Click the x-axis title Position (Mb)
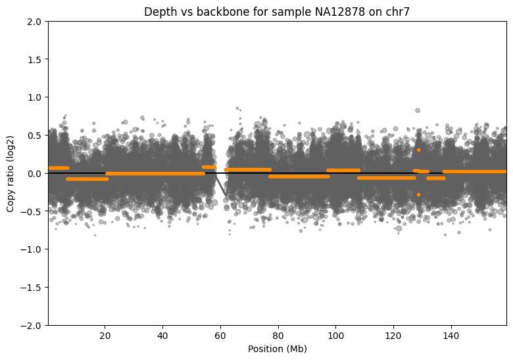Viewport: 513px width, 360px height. click(277, 349)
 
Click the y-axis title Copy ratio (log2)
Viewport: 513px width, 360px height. click(11, 174)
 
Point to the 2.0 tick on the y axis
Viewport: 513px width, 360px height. click(34, 22)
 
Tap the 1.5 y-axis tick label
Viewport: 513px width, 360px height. click(34, 60)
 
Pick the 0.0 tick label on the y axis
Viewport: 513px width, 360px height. click(34, 174)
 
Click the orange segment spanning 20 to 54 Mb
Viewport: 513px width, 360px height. click(155, 174)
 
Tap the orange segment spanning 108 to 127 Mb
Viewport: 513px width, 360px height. click(386, 178)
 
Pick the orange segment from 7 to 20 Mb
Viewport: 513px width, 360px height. click(87, 179)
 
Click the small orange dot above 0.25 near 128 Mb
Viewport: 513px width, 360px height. click(418, 150)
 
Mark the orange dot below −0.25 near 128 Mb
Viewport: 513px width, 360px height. click(418, 194)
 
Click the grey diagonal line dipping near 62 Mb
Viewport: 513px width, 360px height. click(222, 188)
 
